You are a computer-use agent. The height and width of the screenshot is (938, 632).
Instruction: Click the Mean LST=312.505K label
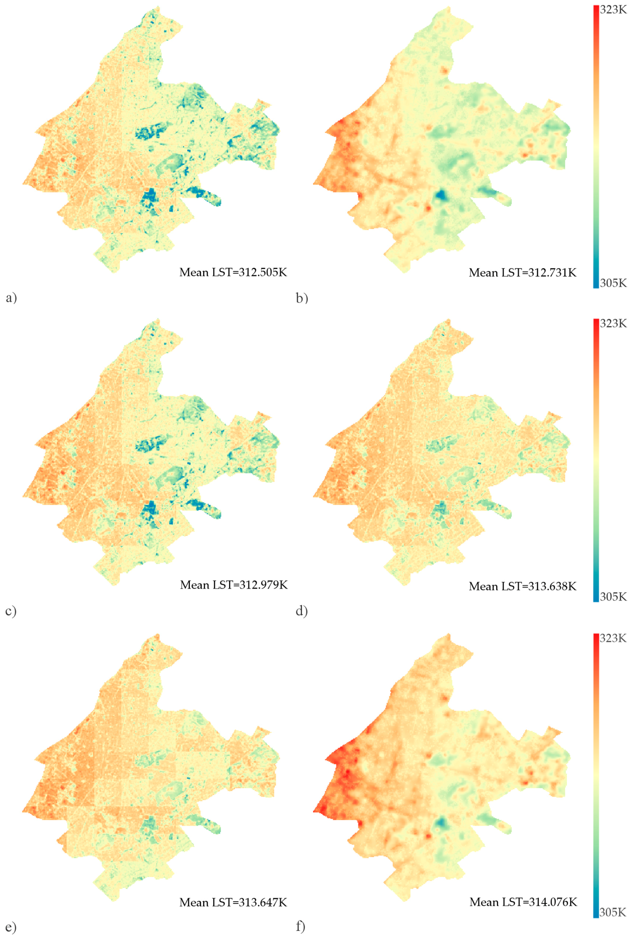coord(233,272)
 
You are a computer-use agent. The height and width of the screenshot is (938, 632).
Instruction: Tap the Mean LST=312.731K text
coord(522,273)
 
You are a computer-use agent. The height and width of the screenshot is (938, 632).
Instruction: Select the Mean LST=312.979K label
coord(234,585)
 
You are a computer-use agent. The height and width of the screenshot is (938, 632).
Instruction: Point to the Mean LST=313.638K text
coord(522,586)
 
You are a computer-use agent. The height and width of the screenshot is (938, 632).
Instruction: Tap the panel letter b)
coord(301,298)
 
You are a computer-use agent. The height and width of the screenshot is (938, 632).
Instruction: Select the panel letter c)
coord(11,612)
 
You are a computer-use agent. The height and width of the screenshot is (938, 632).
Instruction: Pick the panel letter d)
coord(301,612)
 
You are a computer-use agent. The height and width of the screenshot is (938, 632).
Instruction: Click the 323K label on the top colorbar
coord(613,10)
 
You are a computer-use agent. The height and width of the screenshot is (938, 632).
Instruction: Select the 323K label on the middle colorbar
coord(613,323)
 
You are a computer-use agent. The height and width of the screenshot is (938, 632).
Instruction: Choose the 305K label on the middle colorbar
coord(613,597)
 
